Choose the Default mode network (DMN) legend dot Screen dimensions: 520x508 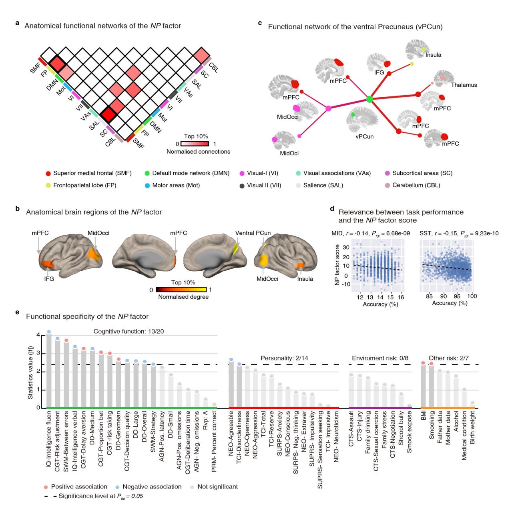pos(147,173)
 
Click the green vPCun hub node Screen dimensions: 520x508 pos(369,99)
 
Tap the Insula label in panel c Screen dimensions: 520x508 pos(434,55)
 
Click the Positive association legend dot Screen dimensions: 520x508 pos(46,487)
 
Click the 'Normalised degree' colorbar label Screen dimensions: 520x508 pos(183,297)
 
